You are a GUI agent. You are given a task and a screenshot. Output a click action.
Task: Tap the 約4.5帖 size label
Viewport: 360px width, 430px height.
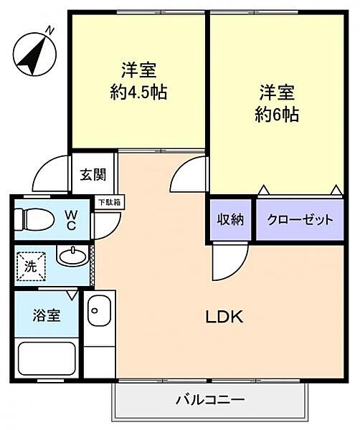click(138, 93)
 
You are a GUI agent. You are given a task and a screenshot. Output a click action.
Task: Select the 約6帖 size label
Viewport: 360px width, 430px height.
click(275, 115)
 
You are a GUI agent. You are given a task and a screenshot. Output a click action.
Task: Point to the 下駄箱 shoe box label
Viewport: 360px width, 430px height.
click(110, 203)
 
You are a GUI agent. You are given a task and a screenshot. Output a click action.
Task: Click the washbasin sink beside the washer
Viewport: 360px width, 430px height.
click(71, 256)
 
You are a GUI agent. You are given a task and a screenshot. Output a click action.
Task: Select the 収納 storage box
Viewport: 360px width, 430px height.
click(231, 219)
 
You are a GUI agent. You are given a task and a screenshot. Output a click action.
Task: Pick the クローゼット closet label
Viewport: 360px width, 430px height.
click(300, 219)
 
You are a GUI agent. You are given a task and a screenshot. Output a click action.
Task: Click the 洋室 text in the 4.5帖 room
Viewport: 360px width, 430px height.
click(138, 72)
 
